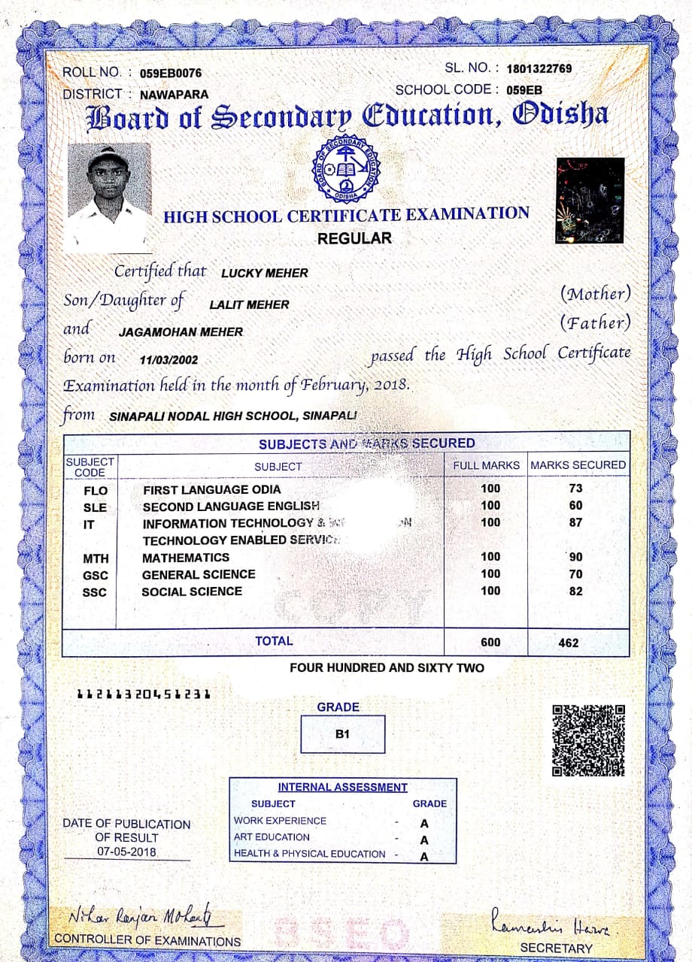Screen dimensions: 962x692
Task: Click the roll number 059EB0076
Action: point(171,74)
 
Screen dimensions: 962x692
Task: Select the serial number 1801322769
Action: point(539,69)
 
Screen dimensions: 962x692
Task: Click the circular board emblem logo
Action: point(346,167)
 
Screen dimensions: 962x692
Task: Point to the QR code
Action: point(588,740)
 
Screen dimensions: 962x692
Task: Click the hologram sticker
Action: point(590,201)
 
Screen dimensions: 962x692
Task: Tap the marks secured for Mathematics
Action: point(575,558)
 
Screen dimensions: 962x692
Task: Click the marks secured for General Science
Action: point(575,574)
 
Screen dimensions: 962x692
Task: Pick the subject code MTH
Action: point(96,559)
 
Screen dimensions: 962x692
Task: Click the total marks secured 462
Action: point(569,643)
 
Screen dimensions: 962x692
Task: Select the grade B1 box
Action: point(342,734)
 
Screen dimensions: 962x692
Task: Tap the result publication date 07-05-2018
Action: point(127,852)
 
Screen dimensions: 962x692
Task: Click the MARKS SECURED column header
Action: point(578,465)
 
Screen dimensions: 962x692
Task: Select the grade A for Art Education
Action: point(424,840)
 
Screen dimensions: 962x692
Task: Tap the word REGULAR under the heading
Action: point(354,239)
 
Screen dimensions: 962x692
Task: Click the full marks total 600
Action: point(490,643)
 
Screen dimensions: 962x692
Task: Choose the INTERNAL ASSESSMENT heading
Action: point(342,788)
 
